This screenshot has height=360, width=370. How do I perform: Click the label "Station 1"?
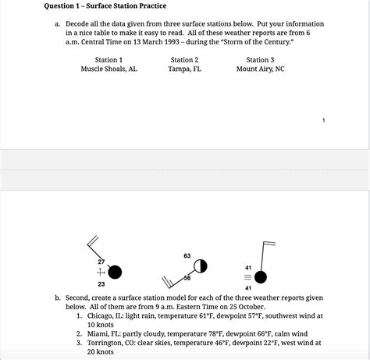pyautogui.click(x=109, y=59)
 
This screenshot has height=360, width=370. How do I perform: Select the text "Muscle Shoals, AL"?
pyautogui.click(x=109, y=69)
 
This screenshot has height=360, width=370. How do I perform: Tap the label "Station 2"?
pyautogui.click(x=184, y=59)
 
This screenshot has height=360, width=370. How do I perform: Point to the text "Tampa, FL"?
pyautogui.click(x=184, y=69)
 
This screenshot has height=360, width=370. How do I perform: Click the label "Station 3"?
pyautogui.click(x=260, y=59)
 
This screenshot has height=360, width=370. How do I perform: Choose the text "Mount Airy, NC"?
pyautogui.click(x=260, y=69)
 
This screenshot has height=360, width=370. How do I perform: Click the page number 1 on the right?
pyautogui.click(x=323, y=119)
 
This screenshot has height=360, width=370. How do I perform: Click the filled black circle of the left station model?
pyautogui.click(x=116, y=272)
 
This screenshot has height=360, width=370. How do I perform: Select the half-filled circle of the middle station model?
pyautogui.click(x=200, y=266)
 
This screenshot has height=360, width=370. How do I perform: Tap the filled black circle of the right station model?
pyautogui.click(x=261, y=277)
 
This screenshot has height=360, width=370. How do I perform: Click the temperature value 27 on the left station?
pyautogui.click(x=101, y=262)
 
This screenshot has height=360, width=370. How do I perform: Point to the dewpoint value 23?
pyautogui.click(x=101, y=284)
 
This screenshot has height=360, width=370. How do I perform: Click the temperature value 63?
pyautogui.click(x=187, y=256)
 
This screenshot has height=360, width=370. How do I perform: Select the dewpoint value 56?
pyautogui.click(x=187, y=278)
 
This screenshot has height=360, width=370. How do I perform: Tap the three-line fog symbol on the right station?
pyautogui.click(x=247, y=277)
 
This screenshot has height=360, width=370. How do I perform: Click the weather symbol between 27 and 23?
pyautogui.click(x=101, y=273)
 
